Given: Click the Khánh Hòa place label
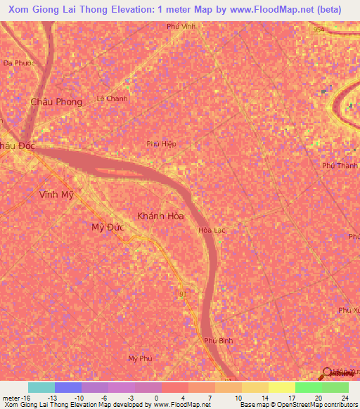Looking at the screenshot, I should tap(160, 216).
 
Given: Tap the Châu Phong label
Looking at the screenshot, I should tap(56, 102).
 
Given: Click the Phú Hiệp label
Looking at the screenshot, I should tap(161, 143).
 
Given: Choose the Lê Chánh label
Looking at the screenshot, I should tap(112, 98).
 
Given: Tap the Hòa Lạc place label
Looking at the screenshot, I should tap(211, 230).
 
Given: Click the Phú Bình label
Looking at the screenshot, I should tap(218, 340).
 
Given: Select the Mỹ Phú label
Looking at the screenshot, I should tap(140, 358).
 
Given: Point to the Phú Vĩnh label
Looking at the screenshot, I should tap(181, 26).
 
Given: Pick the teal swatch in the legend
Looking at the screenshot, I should tap(41, 387).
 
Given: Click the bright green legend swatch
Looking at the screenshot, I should tap(308, 387).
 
